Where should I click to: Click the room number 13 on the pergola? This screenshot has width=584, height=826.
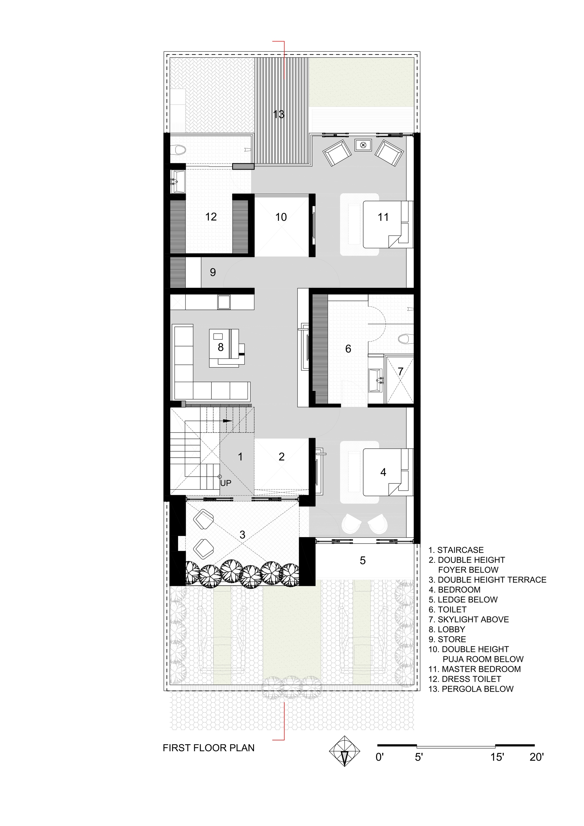pyautogui.click(x=279, y=114)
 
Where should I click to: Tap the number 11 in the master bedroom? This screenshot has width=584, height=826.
pyautogui.click(x=383, y=217)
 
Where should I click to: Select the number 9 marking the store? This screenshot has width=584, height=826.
pyautogui.click(x=213, y=272)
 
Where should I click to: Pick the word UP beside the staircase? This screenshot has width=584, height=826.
pyautogui.click(x=225, y=483)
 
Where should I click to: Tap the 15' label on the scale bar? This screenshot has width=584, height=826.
pyautogui.click(x=497, y=757)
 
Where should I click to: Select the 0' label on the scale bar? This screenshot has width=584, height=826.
pyautogui.click(x=380, y=757)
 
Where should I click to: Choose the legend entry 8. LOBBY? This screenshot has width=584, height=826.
pyautogui.click(x=447, y=629)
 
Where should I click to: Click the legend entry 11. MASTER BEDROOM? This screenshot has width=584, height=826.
pyautogui.click(x=475, y=669)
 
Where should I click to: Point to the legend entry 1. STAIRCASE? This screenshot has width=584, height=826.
pyautogui.click(x=456, y=550)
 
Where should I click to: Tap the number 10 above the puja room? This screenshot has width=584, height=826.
pyautogui.click(x=281, y=217)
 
